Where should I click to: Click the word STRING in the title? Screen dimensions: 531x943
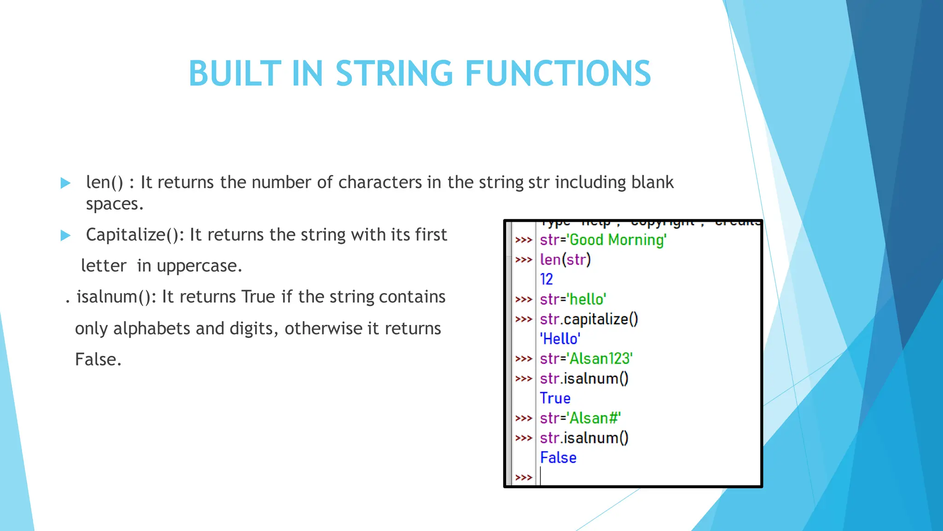[x=394, y=74]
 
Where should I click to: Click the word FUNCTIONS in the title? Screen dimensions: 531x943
[x=558, y=74]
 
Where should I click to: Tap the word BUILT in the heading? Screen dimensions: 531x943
[x=235, y=74]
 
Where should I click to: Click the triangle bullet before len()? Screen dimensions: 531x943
[x=65, y=183]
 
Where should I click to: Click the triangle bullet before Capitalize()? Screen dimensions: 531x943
[x=65, y=236]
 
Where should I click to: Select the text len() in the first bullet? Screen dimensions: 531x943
[x=105, y=183]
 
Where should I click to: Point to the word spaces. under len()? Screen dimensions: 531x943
[x=115, y=204]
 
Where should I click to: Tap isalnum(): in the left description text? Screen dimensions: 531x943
[x=116, y=297]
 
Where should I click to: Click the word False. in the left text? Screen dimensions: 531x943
[x=98, y=360]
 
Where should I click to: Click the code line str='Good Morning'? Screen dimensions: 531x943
[x=603, y=240]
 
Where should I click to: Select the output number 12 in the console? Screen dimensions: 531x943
[x=547, y=279]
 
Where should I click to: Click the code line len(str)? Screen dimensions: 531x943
[x=565, y=260]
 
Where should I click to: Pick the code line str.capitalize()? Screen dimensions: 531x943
[x=589, y=319]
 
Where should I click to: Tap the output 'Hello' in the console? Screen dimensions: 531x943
[x=560, y=339]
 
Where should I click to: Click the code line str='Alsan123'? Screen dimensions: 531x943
[x=586, y=359]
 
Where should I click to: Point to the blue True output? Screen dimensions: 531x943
[x=555, y=398]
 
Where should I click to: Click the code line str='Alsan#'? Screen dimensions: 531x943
[x=580, y=418]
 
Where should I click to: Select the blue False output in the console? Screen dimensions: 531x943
[x=558, y=458]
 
